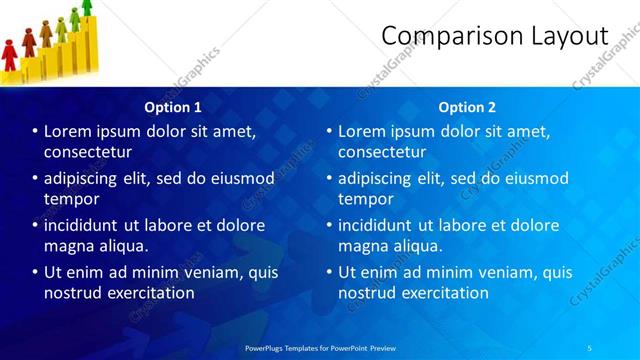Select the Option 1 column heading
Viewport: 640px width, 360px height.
coord(173,106)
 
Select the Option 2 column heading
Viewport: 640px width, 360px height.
coord(466,106)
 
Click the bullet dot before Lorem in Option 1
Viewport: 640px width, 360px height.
coord(35,131)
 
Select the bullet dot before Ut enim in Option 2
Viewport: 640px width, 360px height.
coord(329,272)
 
